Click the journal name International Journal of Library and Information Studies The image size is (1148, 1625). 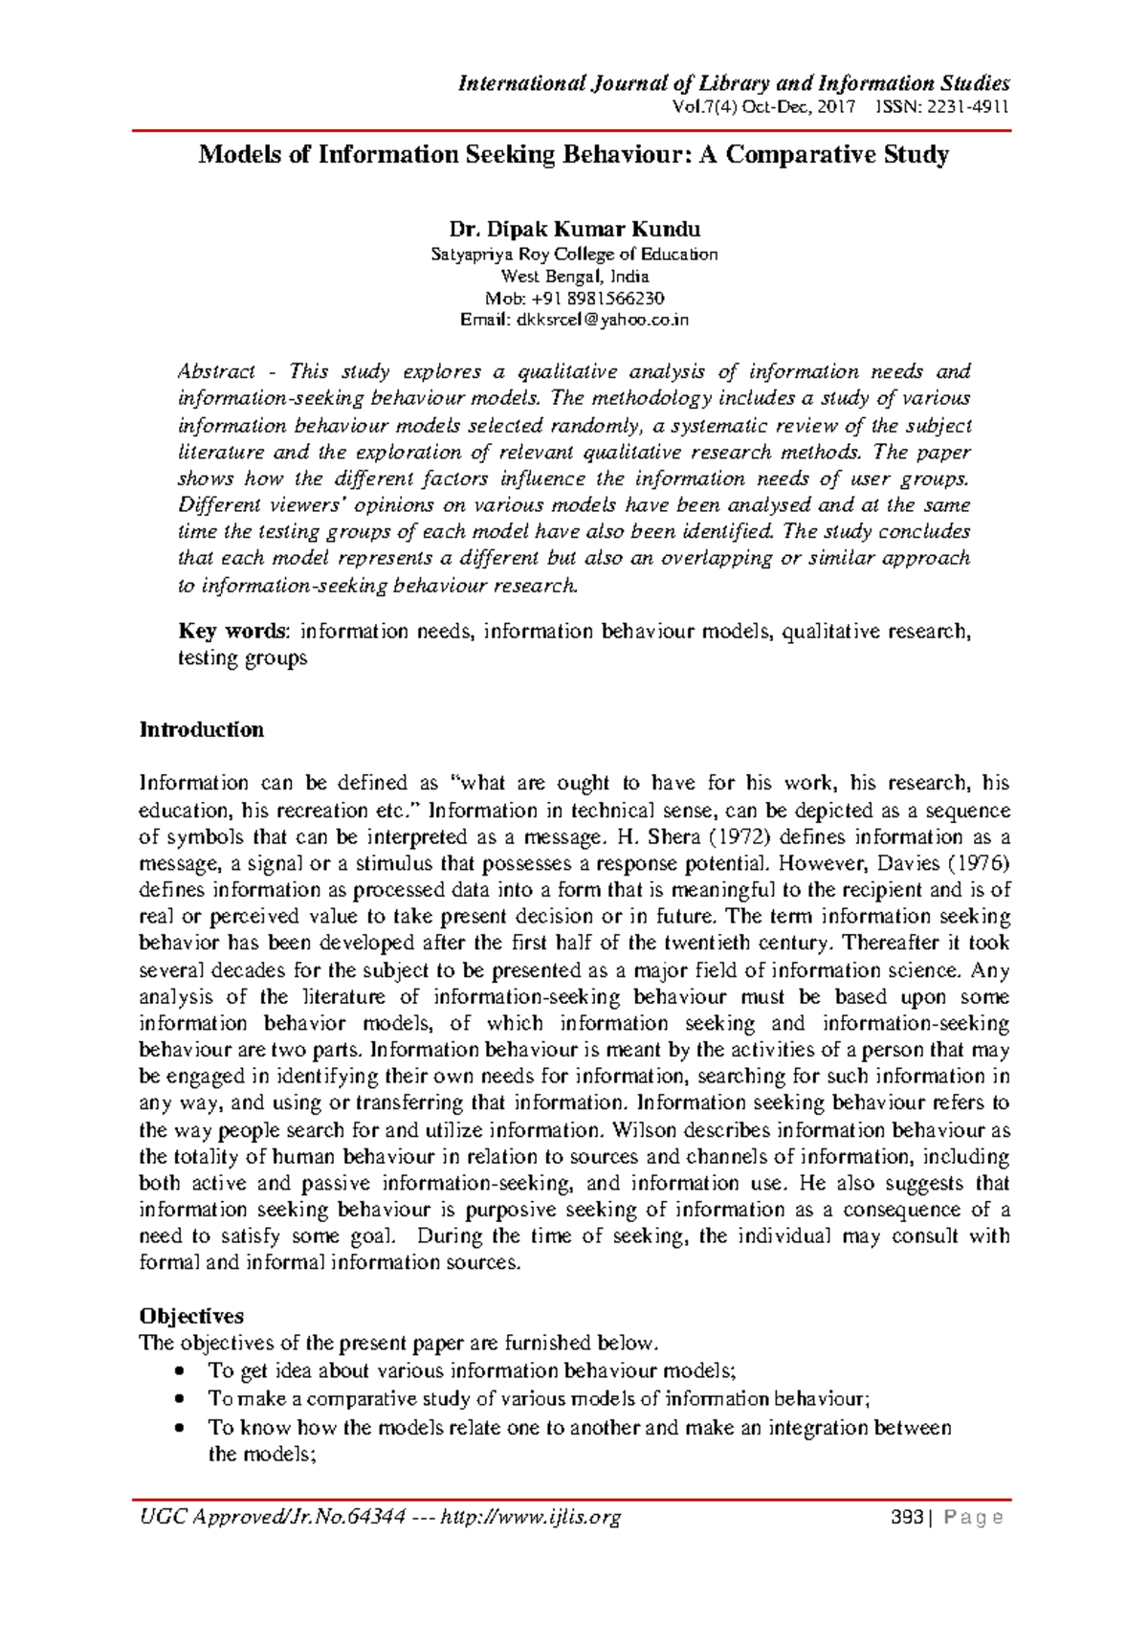[734, 83]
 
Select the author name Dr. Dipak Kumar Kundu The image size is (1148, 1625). [574, 229]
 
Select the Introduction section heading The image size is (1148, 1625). [201, 729]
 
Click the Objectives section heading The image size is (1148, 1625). [191, 1316]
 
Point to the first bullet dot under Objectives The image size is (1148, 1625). [181, 1371]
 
